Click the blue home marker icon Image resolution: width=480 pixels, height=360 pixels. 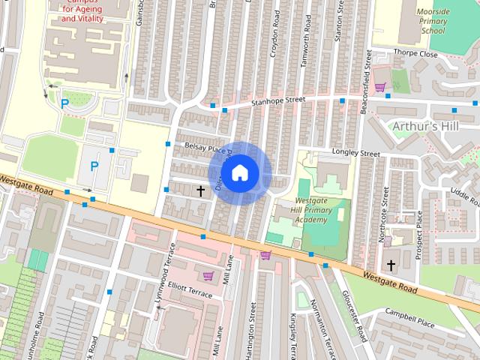point(239,172)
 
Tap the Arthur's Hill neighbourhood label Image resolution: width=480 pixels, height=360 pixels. point(425,126)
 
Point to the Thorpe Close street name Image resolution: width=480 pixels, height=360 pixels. point(418,54)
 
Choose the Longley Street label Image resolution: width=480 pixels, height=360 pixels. point(355,153)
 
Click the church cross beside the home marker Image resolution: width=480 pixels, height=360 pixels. point(200,190)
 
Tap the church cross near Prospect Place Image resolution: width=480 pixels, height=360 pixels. point(391,265)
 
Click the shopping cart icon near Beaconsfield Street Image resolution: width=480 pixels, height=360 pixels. point(380,87)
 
